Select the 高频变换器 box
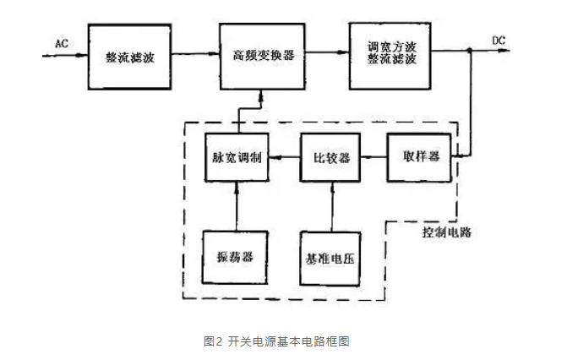pyautogui.click(x=263, y=56)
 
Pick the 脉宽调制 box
pyautogui.click(x=237, y=158)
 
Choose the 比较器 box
pyautogui.click(x=332, y=158)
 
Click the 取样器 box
pyautogui.click(x=420, y=157)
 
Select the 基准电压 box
pyautogui.click(x=332, y=256)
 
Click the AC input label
pyautogui.click(x=61, y=43)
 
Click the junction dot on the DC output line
pyautogui.click(x=471, y=52)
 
